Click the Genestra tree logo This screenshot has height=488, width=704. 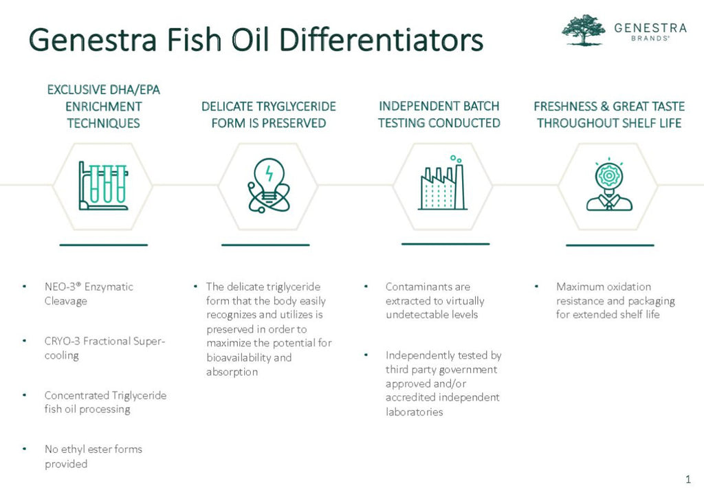[x=584, y=30]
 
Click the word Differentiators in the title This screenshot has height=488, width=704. [x=381, y=39]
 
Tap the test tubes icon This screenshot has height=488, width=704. [x=103, y=186]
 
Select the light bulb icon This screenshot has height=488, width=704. [x=269, y=186]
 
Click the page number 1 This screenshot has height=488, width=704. [x=688, y=479]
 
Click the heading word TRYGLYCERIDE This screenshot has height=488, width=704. [x=295, y=107]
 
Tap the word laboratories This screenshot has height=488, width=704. [x=414, y=412]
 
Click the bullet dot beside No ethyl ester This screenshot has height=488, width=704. [x=24, y=449]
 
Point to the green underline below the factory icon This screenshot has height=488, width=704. [x=445, y=244]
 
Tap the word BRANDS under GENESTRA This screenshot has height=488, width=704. [x=650, y=38]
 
